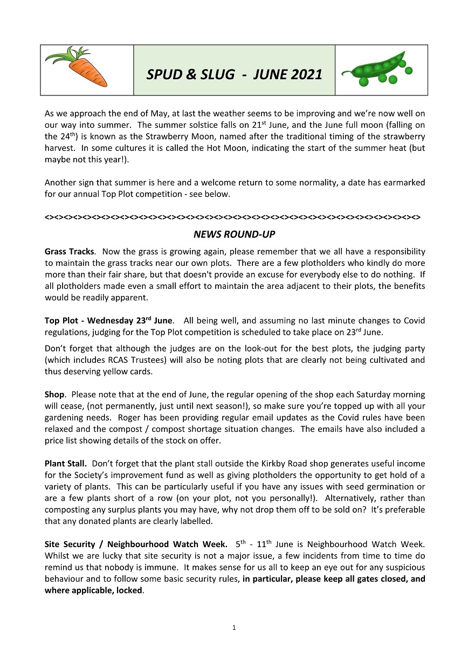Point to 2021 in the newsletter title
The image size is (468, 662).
click(306, 74)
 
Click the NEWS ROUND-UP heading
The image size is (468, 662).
click(233, 235)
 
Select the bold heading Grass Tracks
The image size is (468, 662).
click(70, 252)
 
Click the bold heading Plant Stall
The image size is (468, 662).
click(65, 464)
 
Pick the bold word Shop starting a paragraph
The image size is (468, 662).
click(54, 395)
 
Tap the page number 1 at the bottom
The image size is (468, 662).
click(234, 627)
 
